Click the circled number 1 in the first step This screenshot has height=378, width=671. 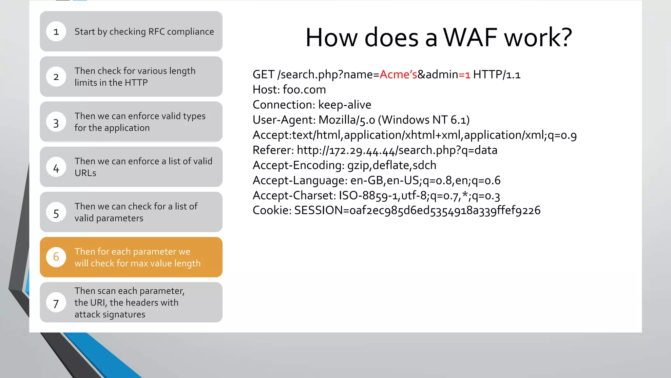[x=56, y=31]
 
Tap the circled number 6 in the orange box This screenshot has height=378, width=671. [x=56, y=257]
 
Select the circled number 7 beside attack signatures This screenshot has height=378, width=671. [x=56, y=303]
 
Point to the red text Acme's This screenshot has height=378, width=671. [x=398, y=75]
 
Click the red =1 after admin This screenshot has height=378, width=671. [x=465, y=75]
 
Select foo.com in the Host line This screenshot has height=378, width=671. [x=304, y=90]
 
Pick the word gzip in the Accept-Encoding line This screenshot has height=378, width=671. [x=358, y=166]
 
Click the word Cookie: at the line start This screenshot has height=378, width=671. [x=272, y=211]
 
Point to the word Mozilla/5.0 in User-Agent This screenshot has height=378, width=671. [x=347, y=120]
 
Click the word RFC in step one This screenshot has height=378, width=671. [x=156, y=32]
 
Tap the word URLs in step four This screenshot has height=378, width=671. [x=85, y=173]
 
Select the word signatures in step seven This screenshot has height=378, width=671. [x=125, y=315]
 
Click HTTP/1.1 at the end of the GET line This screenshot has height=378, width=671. [x=496, y=75]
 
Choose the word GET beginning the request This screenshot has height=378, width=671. [x=263, y=75]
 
